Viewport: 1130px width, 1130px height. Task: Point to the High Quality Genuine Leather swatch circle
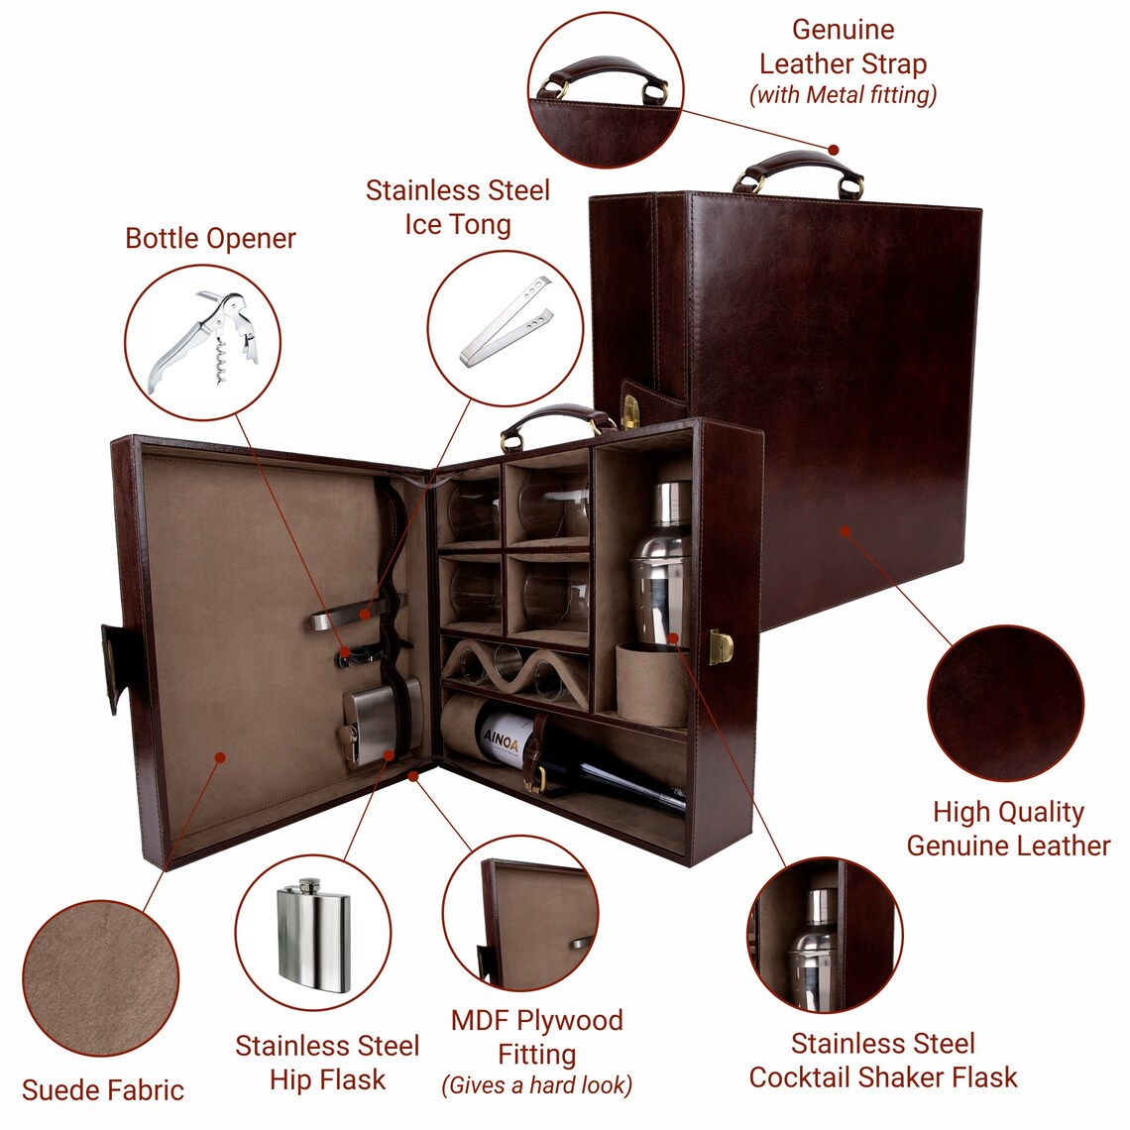1005,703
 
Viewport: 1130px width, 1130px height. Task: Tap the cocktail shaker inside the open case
659,565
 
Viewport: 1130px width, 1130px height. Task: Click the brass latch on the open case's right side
722,646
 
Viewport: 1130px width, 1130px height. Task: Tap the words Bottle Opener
210,239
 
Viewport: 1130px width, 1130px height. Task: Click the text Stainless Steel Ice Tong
458,207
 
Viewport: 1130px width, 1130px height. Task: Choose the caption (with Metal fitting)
843,95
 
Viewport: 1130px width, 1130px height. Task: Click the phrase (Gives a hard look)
536,1085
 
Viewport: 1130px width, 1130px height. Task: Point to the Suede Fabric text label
103,1090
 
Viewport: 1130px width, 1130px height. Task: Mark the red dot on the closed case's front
846,530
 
